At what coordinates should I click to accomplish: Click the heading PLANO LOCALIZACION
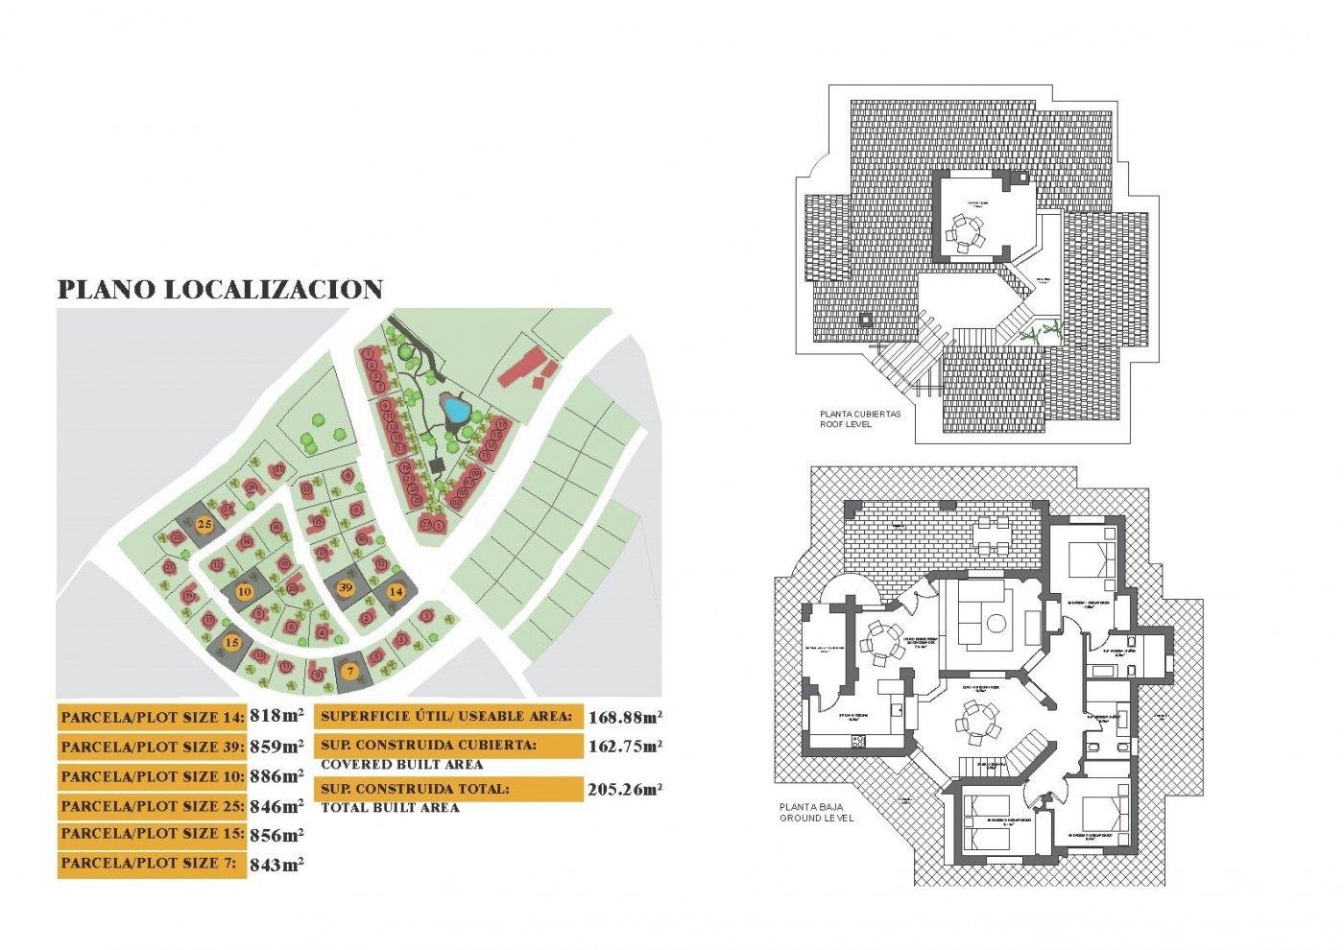pos(220,290)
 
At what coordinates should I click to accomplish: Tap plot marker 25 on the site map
pos(204,525)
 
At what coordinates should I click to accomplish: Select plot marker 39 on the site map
pos(347,587)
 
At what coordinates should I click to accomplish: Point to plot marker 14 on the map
pos(396,592)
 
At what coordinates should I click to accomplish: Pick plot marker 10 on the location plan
pos(244,591)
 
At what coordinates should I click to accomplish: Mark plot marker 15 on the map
pos(231,642)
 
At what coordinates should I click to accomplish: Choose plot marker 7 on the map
pos(351,671)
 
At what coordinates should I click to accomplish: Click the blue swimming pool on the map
pos(454,413)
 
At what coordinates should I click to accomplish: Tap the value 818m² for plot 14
pos(276,715)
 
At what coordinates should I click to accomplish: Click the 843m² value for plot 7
pos(276,865)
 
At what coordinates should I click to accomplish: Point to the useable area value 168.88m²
pos(625,716)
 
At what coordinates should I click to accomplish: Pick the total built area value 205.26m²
pos(625,790)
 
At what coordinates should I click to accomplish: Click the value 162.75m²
pos(625,746)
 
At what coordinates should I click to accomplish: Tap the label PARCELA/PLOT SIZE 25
pos(153,806)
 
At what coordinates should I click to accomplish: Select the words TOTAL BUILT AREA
pos(390,808)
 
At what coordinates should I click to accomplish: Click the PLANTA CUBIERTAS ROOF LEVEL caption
pos(860,418)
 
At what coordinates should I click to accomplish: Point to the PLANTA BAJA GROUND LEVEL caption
pos(816,813)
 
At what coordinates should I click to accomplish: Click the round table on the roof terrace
pos(965,231)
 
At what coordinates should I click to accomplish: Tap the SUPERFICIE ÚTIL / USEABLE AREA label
pos(446,716)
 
